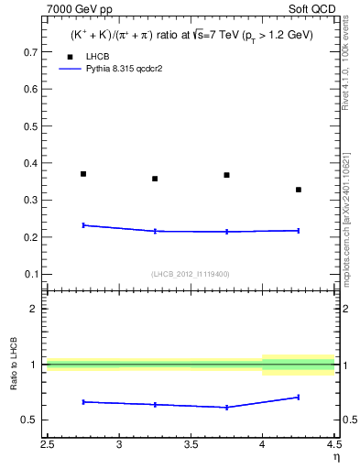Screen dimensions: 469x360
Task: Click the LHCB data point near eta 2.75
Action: click(83, 174)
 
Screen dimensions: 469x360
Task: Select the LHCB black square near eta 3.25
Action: click(155, 179)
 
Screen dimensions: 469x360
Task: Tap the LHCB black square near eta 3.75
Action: click(226, 175)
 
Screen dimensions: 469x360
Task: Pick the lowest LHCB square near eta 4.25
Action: click(299, 190)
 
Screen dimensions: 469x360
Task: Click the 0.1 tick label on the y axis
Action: click(31, 274)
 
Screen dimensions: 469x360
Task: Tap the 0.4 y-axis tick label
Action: click(31, 164)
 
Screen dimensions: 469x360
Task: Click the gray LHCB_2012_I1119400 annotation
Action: click(191, 274)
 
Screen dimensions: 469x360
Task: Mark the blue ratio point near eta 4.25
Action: click(299, 397)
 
